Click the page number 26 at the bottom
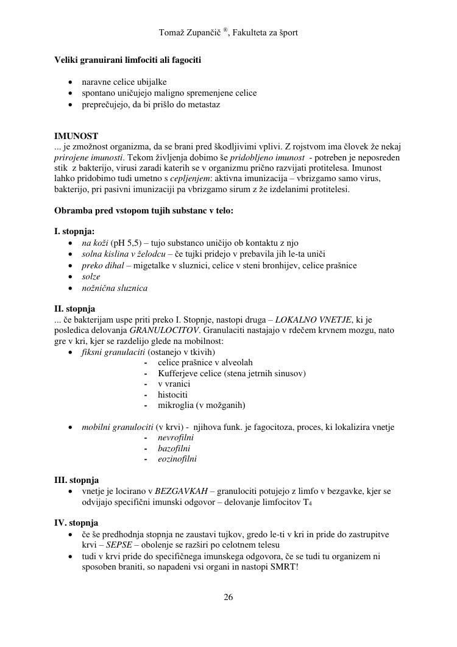tap(228, 597)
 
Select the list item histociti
tap(172, 395)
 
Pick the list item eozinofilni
tap(177, 459)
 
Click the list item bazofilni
tap(173, 448)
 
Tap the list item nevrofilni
tap(175, 438)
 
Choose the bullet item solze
tap(91, 277)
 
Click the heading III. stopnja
tap(77, 480)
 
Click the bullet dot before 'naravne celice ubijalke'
tap(72, 82)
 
